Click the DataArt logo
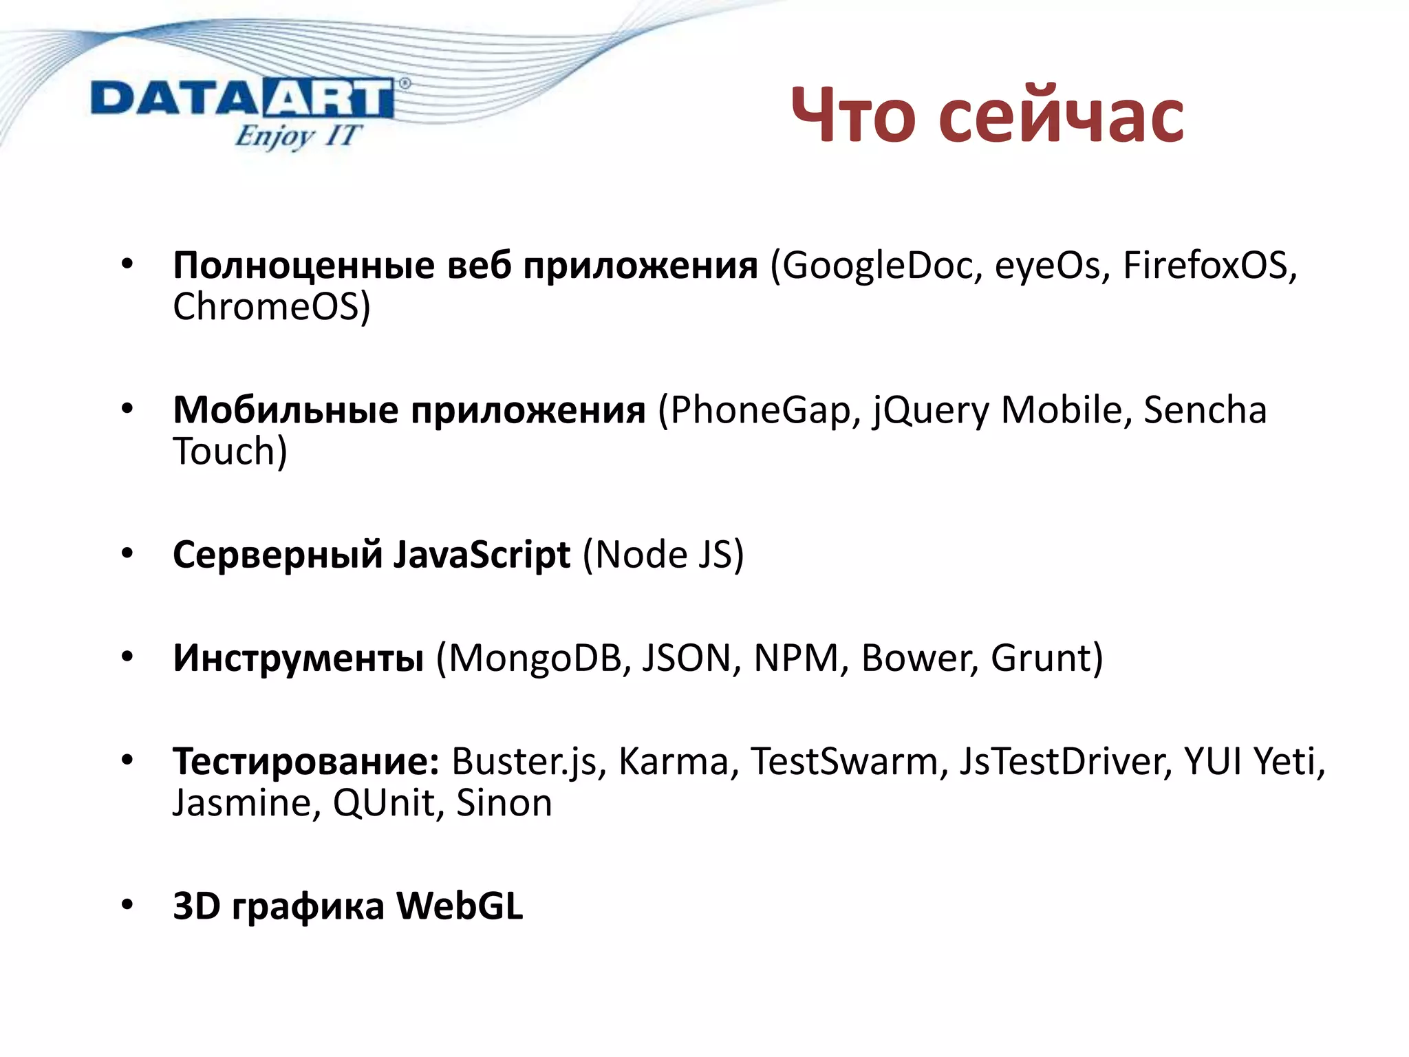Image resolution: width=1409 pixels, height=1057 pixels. (242, 100)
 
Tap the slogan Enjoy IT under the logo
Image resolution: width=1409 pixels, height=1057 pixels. (297, 136)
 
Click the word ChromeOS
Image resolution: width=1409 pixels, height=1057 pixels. (270, 307)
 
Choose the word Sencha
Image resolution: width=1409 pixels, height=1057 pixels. (1205, 410)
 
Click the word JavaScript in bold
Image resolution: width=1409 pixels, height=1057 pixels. (482, 555)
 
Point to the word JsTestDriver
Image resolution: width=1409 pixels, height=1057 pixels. (1066, 762)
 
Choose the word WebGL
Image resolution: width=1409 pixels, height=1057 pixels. (460, 906)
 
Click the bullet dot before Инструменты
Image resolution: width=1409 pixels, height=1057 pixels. (127, 657)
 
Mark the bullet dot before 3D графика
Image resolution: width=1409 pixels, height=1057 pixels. (127, 905)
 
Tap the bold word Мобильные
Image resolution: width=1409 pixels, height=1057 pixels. (286, 411)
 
